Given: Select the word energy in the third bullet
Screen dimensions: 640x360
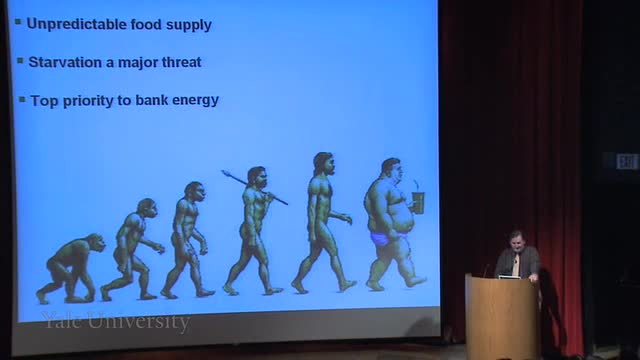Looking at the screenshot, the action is [x=196, y=101].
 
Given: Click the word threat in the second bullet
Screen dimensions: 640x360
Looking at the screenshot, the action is [x=181, y=62].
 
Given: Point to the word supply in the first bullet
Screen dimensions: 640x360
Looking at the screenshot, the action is [x=189, y=25].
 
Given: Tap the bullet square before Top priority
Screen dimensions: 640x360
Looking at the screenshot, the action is [x=22, y=99].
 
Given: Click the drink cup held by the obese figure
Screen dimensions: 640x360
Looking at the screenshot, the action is [x=418, y=201].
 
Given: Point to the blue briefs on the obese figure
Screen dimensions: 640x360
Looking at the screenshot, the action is [x=381, y=239].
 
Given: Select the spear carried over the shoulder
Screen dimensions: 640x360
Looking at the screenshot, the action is [x=254, y=187].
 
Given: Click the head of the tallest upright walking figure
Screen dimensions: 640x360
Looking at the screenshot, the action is [x=324, y=163].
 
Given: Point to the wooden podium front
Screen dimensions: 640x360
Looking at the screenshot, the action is [x=501, y=316].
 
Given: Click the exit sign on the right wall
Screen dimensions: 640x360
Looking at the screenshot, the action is [x=627, y=162].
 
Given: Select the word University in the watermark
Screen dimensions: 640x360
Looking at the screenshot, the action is [x=139, y=322].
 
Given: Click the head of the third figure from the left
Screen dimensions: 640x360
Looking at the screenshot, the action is [x=194, y=192].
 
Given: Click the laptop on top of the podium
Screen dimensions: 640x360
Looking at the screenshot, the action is [x=509, y=277].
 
